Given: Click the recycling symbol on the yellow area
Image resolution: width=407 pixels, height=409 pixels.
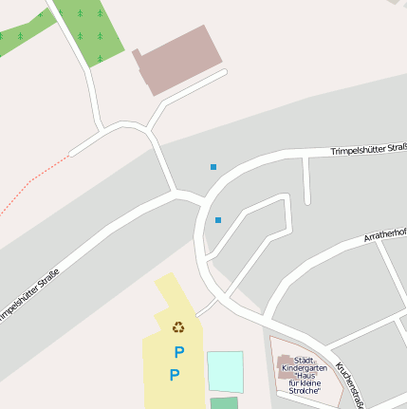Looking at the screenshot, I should (x=178, y=327).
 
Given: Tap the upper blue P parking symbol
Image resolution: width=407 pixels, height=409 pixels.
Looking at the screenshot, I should (x=178, y=352).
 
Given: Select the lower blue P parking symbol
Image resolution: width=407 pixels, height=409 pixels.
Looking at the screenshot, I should (x=174, y=376).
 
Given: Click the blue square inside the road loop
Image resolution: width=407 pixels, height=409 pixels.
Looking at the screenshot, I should (x=218, y=220).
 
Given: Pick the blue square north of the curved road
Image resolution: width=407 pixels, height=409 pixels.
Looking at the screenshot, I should (x=213, y=167).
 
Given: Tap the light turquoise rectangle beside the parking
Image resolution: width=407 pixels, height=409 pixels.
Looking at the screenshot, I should (x=225, y=370).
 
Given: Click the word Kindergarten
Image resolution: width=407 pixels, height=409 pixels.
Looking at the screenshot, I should (x=304, y=367).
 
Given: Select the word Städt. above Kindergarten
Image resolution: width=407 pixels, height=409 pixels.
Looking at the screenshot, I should (x=304, y=360).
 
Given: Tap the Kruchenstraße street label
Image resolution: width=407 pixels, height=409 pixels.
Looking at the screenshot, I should (x=350, y=385).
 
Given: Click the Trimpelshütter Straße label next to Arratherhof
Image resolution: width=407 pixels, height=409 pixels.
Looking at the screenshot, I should (x=369, y=149).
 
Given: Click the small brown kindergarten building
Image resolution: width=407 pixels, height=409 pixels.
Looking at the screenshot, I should (x=285, y=362).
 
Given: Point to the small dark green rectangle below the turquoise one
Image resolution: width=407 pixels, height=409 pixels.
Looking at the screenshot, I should (x=225, y=403).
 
